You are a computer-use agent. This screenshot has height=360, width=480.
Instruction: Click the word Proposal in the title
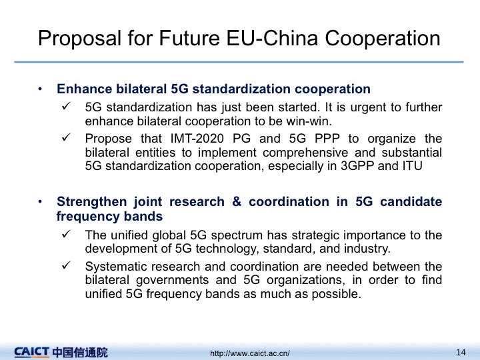(x=79, y=39)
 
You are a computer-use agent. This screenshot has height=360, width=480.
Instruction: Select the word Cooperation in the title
(x=383, y=39)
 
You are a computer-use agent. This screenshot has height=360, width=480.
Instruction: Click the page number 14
(x=461, y=353)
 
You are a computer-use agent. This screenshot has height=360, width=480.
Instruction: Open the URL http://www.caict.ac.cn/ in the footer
(x=250, y=353)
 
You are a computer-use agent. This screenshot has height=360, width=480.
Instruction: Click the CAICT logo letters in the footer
(x=31, y=352)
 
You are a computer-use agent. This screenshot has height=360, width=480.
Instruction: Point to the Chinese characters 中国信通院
(x=80, y=353)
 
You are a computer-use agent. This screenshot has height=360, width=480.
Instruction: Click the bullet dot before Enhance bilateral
(x=40, y=89)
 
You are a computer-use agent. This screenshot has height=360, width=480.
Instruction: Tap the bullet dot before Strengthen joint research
(x=40, y=202)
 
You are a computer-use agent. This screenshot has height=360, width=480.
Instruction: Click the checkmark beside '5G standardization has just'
(x=66, y=106)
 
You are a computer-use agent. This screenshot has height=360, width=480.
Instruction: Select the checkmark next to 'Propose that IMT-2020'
(x=66, y=137)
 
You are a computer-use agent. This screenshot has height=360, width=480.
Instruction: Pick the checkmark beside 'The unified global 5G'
(x=66, y=234)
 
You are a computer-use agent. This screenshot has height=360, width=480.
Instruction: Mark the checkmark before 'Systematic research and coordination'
(x=66, y=265)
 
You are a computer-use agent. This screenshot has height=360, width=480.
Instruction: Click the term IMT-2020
(x=197, y=139)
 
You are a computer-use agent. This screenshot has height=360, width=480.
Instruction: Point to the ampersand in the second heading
(x=237, y=202)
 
